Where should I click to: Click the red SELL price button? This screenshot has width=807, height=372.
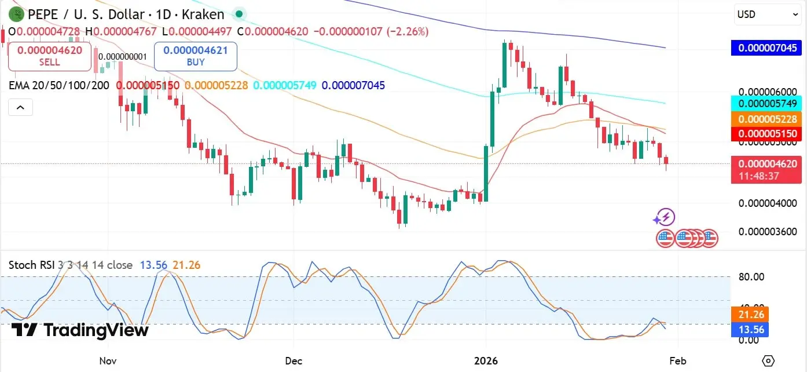coord(50,56)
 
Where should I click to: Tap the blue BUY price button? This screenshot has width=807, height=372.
coord(196,56)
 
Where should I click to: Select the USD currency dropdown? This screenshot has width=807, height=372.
coord(768,14)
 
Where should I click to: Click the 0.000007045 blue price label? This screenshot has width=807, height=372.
coord(766,48)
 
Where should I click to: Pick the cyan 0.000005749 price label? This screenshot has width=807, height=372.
coord(766,104)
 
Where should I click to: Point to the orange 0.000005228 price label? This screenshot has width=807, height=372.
coord(766,119)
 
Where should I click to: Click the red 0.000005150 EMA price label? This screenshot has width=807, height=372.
coord(766,134)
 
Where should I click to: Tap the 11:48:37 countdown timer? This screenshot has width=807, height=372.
coord(766,176)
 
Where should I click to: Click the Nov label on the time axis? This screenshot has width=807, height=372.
coord(108,360)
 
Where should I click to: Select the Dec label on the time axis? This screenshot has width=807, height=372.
coord(294,360)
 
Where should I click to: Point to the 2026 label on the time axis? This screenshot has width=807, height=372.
coord(486,360)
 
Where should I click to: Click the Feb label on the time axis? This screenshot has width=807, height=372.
coord(678,360)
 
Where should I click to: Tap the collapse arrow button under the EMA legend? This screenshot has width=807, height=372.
coord(20,107)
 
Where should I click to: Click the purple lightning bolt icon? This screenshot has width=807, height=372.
coord(665,218)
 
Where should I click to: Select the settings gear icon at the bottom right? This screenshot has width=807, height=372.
coord(768,360)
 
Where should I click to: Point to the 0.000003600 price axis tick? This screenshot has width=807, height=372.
coord(768,232)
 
